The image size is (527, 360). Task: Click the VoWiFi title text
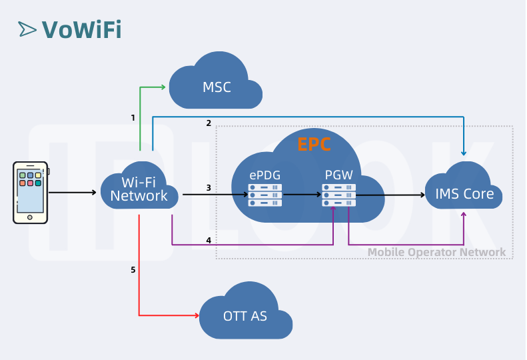click(x=81, y=29)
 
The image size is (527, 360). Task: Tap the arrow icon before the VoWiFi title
click(x=27, y=29)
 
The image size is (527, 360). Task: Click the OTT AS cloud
click(x=245, y=315)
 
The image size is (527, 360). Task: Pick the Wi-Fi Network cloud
click(x=139, y=189)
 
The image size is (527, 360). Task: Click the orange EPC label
click(x=313, y=144)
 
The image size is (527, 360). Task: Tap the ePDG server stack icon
click(x=264, y=195)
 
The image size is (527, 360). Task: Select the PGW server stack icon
click(x=338, y=195)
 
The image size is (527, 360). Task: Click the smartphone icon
click(x=30, y=192)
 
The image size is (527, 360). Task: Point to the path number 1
click(x=133, y=118)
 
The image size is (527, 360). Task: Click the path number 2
click(x=209, y=123)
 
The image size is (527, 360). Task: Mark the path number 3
click(x=209, y=188)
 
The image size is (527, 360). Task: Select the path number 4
click(x=209, y=240)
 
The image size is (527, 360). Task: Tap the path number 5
click(x=133, y=270)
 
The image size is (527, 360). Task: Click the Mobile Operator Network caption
click(x=436, y=252)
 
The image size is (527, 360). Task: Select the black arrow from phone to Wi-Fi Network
click(x=73, y=193)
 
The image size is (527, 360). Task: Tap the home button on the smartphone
click(x=30, y=217)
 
